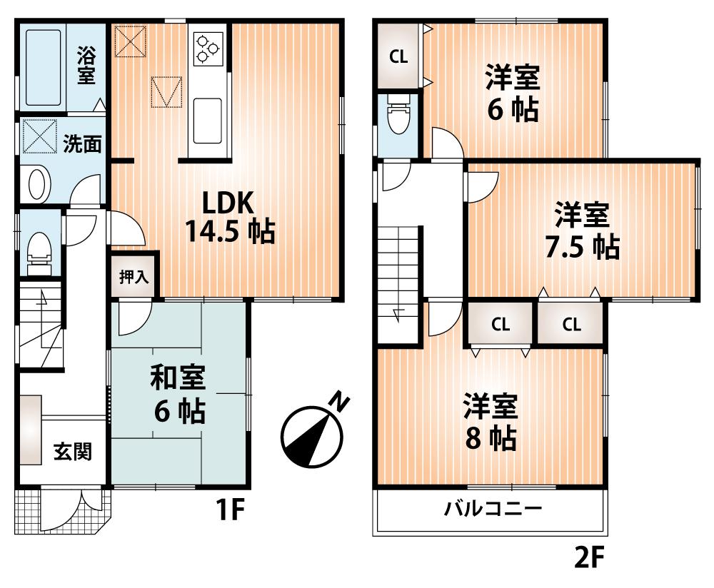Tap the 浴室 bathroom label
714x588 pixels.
(86, 66)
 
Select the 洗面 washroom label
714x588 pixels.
(82, 144)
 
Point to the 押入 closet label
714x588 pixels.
(133, 277)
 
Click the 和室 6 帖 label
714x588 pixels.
(178, 394)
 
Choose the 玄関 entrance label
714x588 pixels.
(73, 452)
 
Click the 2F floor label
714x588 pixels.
(590, 557)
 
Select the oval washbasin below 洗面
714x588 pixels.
(36, 184)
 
